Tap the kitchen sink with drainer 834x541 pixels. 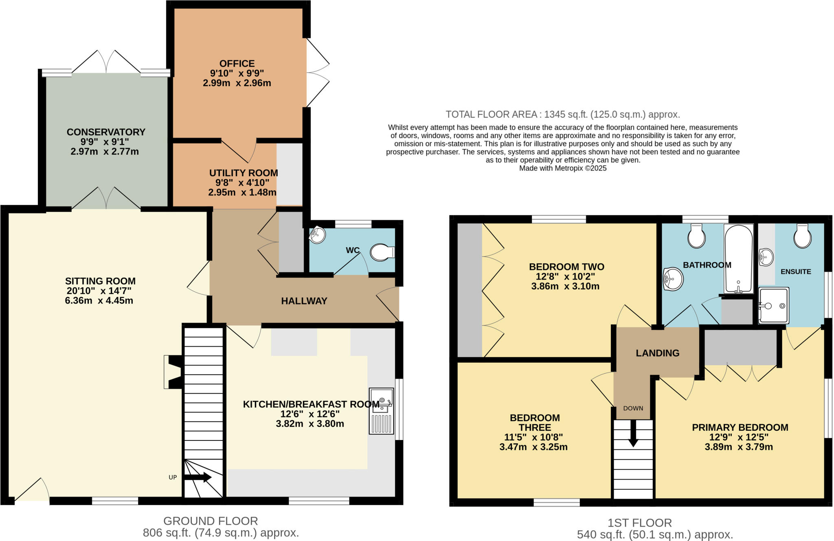click(x=382, y=411)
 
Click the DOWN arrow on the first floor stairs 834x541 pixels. click(x=633, y=433)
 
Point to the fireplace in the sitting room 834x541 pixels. click(x=173, y=372)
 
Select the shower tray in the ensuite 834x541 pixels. click(x=773, y=305)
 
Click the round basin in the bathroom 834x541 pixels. click(x=673, y=279)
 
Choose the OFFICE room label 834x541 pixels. click(x=237, y=64)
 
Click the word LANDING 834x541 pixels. click(x=657, y=353)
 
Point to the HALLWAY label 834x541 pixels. click(x=304, y=301)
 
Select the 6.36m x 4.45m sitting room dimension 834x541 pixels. click(x=99, y=301)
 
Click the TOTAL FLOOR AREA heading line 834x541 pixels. click(x=562, y=114)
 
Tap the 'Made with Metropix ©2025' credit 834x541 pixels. click(x=562, y=168)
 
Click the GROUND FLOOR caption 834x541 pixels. click(x=211, y=521)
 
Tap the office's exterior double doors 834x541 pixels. click(x=317, y=73)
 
